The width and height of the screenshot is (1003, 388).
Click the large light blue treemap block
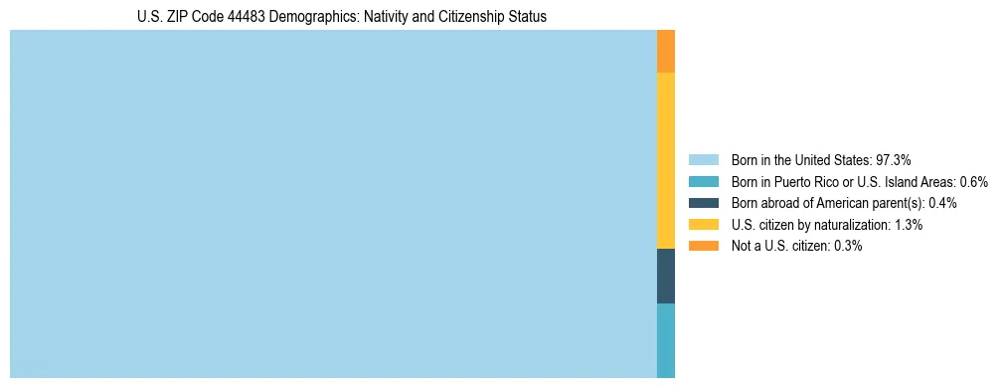point(333,204)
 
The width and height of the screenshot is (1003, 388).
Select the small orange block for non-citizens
point(666,52)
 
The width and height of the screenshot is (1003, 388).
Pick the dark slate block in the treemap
point(666,276)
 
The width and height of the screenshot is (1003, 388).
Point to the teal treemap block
point(666,340)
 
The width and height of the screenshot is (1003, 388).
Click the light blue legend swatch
point(704,160)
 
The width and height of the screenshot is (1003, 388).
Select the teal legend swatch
point(704,182)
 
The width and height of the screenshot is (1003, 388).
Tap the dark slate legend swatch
point(704,203)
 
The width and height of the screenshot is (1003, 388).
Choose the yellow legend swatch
point(704,225)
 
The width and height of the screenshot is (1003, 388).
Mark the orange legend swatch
point(704,246)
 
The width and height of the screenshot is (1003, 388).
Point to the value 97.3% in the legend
point(894,160)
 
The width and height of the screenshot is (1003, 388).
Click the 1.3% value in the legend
point(906,225)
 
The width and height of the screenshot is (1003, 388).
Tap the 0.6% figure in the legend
point(973,182)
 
